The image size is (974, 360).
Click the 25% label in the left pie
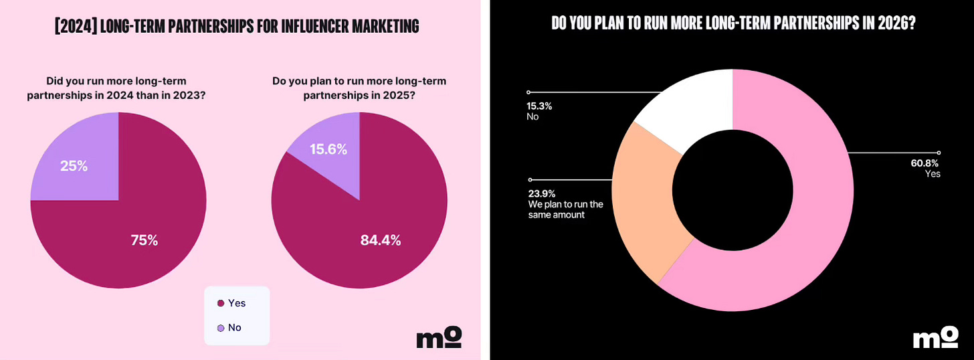click(74, 166)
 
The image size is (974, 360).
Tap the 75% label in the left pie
click(144, 240)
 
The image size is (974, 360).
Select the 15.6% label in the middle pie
click(328, 150)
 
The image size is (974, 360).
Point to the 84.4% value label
click(381, 240)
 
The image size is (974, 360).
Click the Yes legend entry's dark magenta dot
click(221, 304)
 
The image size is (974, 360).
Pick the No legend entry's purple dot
click(221, 328)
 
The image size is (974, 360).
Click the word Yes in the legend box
click(237, 303)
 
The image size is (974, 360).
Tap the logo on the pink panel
click(439, 337)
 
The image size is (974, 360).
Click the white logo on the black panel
click(935, 337)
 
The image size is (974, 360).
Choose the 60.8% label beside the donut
click(924, 163)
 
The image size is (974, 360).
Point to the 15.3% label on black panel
click(539, 106)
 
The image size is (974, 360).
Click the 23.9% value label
click(542, 193)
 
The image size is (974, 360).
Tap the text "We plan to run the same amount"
click(566, 209)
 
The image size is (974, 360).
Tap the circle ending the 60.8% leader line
click(939, 153)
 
